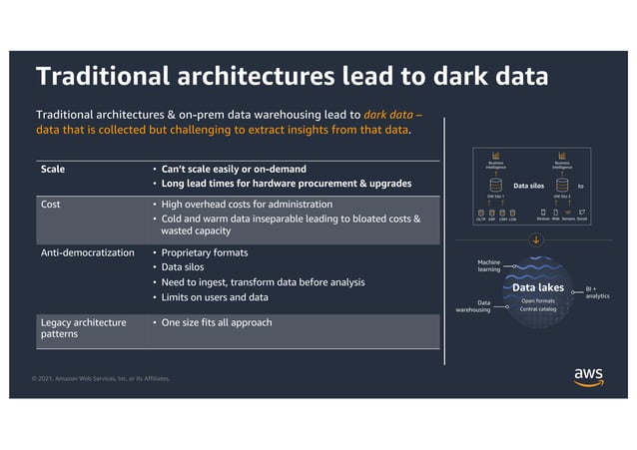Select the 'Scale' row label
tap(53, 170)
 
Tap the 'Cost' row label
tap(51, 205)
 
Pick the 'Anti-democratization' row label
tap(87, 252)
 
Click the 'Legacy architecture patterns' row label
tap(83, 328)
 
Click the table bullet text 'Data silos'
tap(186, 267)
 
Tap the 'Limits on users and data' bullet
tap(215, 297)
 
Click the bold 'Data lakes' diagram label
tap(538, 288)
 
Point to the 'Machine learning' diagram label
tap(489, 265)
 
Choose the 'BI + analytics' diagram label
tap(597, 292)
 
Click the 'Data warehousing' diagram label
tap(473, 306)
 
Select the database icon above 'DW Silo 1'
tap(496, 185)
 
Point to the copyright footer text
tap(100, 378)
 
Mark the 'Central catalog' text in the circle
tap(538, 309)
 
